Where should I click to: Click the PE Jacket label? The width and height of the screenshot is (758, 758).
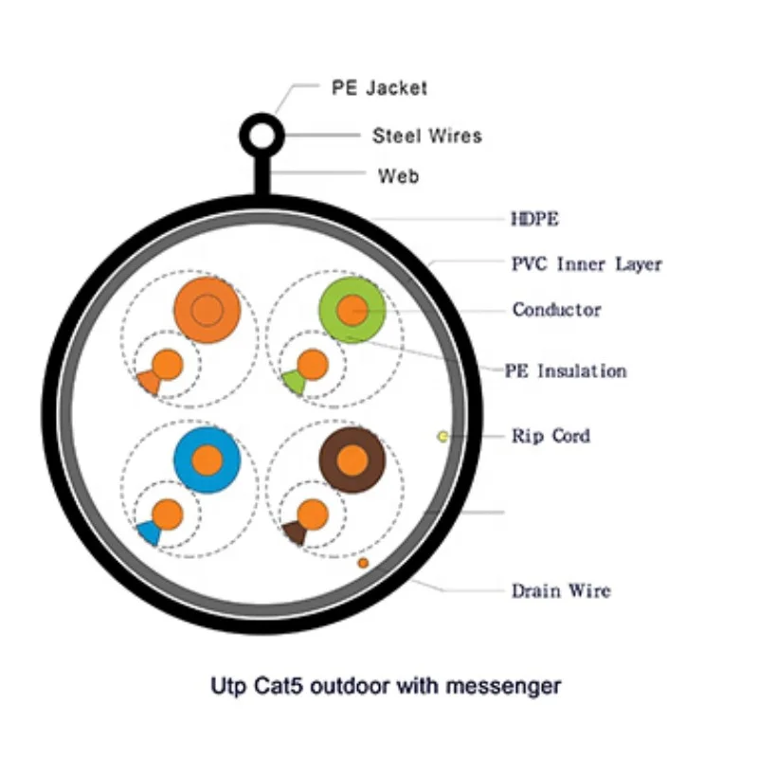[x=379, y=88]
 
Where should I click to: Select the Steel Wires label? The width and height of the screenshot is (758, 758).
[x=426, y=135]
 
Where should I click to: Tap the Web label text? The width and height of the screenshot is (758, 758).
[x=398, y=175]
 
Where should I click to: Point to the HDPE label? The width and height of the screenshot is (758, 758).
[x=535, y=220]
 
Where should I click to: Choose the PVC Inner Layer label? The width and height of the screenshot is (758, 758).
[x=587, y=263]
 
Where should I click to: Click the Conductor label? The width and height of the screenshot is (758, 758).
[x=556, y=310]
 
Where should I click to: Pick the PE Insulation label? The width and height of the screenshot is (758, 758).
[x=567, y=370]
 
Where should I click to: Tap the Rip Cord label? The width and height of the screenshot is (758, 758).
[x=550, y=436]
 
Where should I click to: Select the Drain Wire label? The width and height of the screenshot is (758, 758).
[x=561, y=590]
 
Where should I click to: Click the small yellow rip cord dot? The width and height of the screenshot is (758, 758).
[x=442, y=436]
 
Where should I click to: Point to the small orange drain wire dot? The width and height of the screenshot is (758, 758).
[x=363, y=563]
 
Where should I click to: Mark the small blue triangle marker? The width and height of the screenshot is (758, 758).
[x=149, y=532]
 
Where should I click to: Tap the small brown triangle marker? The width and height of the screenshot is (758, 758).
[x=294, y=532]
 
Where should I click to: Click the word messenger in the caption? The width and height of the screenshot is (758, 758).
[x=511, y=685]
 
